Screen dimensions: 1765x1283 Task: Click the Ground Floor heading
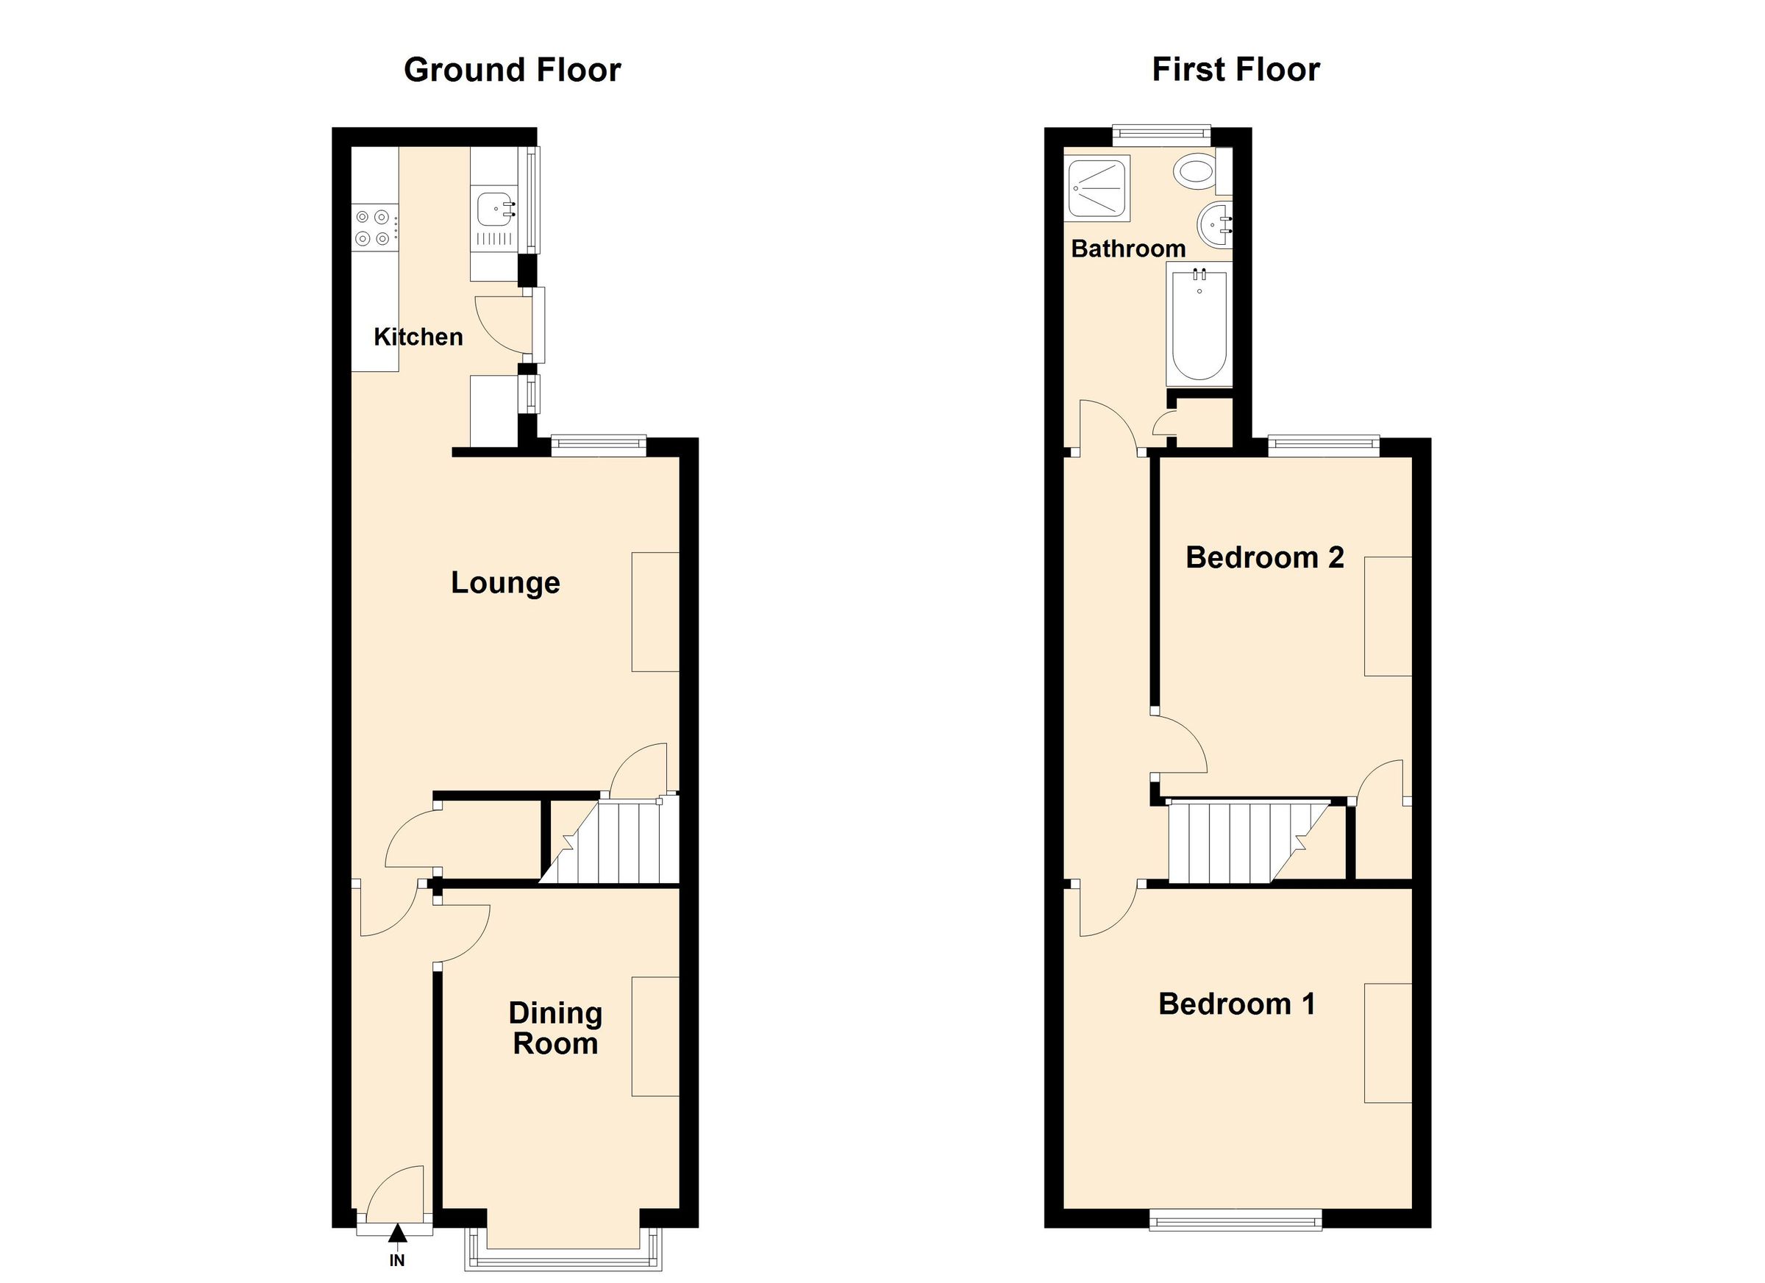pos(512,70)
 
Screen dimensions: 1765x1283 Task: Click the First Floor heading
pos(1235,70)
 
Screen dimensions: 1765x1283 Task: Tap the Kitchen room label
pos(418,337)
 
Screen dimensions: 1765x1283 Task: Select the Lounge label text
pos(506,583)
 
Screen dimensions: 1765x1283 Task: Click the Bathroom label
pos(1128,249)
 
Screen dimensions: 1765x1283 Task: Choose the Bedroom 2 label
pos(1266,557)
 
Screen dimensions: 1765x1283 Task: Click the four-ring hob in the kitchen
pos(374,227)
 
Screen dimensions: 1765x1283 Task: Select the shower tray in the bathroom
pos(1097,188)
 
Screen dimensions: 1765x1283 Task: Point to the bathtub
pos(1199,324)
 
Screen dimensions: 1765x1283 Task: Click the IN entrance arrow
pos(398,1233)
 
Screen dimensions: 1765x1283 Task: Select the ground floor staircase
pos(610,840)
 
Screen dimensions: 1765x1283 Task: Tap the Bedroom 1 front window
pos(1235,1219)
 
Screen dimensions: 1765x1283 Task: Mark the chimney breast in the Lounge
pos(655,612)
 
